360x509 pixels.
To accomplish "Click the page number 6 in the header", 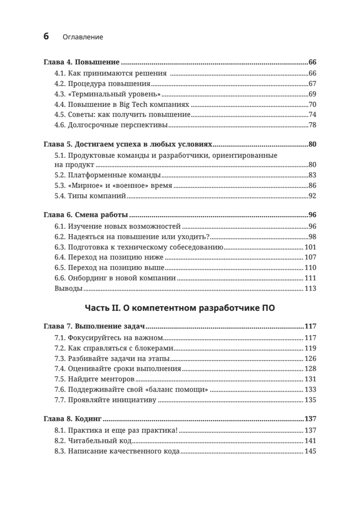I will pyautogui.click(x=46, y=36).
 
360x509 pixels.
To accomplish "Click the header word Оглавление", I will pyautogui.click(x=83, y=37).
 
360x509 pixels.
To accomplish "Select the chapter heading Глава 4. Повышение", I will pyautogui.click(x=82, y=62).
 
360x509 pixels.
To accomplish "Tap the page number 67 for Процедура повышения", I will pyautogui.click(x=313, y=84).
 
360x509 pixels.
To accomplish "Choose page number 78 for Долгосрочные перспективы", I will pyautogui.click(x=313, y=125).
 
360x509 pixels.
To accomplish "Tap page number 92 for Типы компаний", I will pyautogui.click(x=313, y=196).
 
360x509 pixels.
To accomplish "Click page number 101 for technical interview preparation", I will pyautogui.click(x=311, y=247).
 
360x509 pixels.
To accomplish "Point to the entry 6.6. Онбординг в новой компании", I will pyautogui.click(x=115, y=278).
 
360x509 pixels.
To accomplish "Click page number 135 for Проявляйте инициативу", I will pyautogui.click(x=311, y=400).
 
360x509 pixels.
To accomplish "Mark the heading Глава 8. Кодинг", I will pyautogui.click(x=73, y=419).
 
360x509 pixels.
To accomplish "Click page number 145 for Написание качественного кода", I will pyautogui.click(x=311, y=451).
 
